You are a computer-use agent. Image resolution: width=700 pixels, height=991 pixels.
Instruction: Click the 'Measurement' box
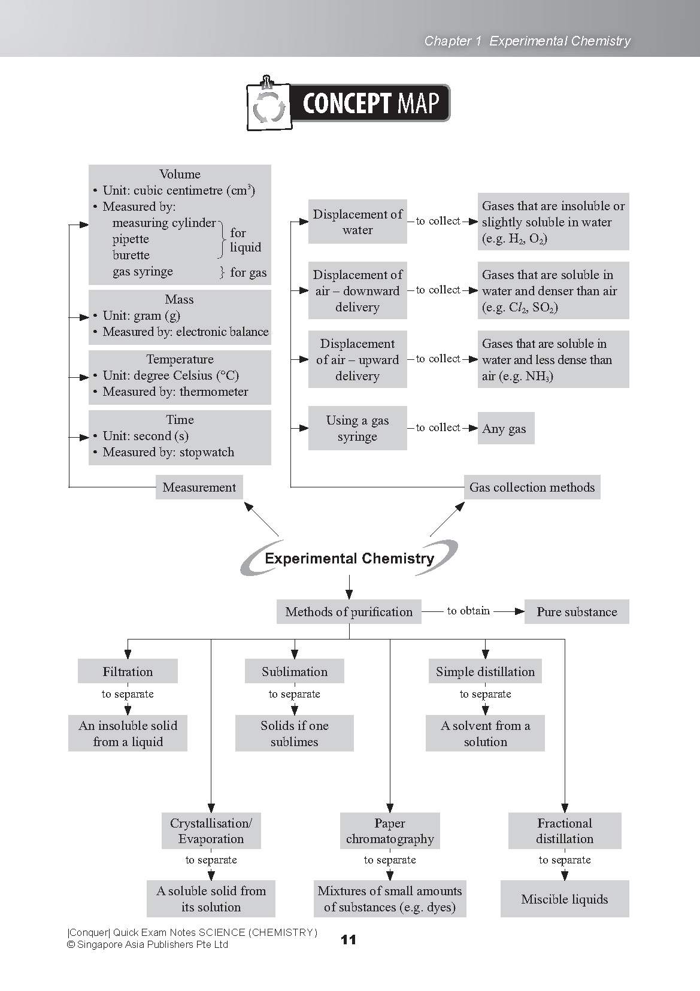coord(199,487)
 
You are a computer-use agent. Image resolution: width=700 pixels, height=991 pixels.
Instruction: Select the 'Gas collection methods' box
coord(532,487)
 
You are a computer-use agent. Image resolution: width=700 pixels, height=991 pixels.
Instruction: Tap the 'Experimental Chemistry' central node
coord(349,559)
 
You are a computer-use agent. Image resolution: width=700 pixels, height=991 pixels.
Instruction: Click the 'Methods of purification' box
coord(349,612)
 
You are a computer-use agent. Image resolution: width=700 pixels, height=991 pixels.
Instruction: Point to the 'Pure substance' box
coord(576,612)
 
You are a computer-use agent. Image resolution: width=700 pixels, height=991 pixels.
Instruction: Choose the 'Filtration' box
coord(128,671)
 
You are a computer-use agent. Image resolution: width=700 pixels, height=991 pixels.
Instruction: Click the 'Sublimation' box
coord(294,671)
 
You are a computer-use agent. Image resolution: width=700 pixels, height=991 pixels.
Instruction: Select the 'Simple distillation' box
coord(485,671)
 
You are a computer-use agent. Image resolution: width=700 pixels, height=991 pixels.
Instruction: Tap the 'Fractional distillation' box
coord(564,831)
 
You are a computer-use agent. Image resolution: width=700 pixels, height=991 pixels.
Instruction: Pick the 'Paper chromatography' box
coord(390,831)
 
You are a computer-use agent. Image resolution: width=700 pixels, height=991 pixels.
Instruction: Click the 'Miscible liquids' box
coord(564,899)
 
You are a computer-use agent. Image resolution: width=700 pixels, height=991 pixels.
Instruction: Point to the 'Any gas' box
coord(505,429)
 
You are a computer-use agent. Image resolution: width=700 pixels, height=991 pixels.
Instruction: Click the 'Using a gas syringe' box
coord(357,428)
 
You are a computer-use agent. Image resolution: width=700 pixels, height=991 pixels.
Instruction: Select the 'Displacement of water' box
coord(357,222)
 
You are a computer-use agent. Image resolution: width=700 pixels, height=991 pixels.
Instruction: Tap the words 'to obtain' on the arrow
coord(468,611)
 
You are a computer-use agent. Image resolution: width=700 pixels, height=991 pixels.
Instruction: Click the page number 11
coord(348,940)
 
